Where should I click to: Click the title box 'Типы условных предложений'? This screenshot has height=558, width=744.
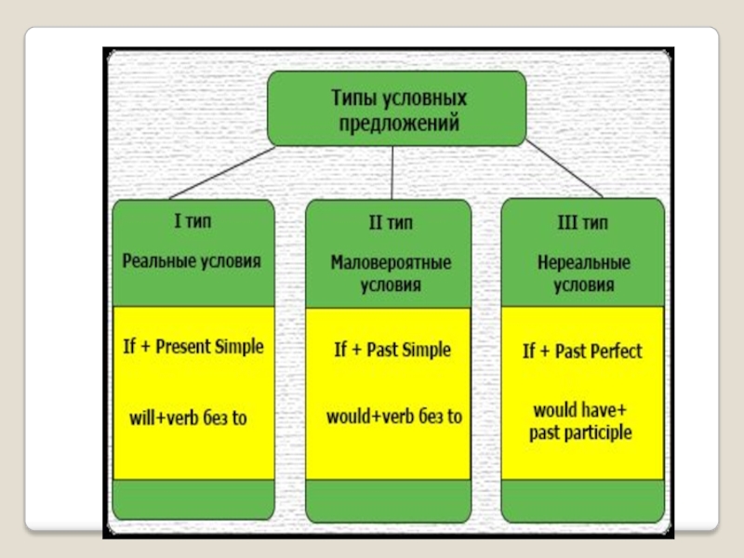pyautogui.click(x=397, y=109)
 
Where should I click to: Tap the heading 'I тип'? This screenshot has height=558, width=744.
pyautogui.click(x=193, y=223)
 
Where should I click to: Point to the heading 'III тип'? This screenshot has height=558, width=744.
pyautogui.click(x=583, y=223)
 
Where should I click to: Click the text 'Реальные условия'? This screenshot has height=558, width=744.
pyautogui.click(x=193, y=261)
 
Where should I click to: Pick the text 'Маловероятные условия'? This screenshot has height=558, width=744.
pyautogui.click(x=392, y=273)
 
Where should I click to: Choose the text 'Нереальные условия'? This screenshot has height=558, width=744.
pyautogui.click(x=583, y=273)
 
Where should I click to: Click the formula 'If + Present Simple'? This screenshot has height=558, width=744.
pyautogui.click(x=193, y=347)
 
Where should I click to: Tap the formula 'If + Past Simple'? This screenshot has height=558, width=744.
pyautogui.click(x=392, y=350)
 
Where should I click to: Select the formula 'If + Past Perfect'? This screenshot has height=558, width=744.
pyautogui.click(x=582, y=351)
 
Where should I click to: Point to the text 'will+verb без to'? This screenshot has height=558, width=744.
pyautogui.click(x=189, y=418)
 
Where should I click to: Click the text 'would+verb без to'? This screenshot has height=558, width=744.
pyautogui.click(x=393, y=417)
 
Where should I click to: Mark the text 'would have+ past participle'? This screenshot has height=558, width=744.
pyautogui.click(x=581, y=421)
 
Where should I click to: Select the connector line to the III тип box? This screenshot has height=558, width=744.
pyautogui.click(x=564, y=171)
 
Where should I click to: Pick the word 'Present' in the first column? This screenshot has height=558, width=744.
pyautogui.click(x=183, y=347)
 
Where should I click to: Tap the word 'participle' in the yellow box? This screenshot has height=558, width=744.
pyautogui.click(x=599, y=433)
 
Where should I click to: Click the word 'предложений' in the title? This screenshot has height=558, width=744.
pyautogui.click(x=397, y=121)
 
